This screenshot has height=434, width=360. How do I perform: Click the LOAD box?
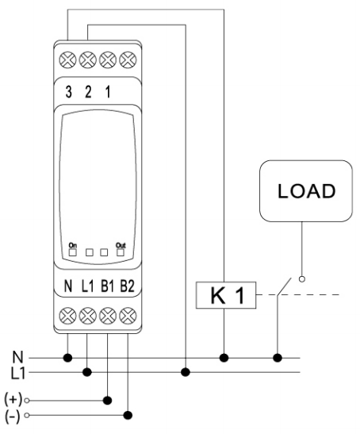306,191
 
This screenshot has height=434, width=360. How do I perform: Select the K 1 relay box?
226,295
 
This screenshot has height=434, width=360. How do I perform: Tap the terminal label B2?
127,286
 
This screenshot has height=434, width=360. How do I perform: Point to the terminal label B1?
107,286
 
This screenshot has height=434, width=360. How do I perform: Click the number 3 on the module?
68,92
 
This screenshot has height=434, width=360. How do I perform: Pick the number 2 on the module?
88,92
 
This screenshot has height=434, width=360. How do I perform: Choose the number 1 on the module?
108,92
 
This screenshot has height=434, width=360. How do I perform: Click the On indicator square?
73,252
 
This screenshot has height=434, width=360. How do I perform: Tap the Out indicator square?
121,252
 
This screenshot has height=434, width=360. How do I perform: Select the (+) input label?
13,399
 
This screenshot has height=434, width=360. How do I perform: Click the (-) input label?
13,416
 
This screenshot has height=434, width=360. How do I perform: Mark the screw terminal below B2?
128,316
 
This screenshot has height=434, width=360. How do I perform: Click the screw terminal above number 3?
67,60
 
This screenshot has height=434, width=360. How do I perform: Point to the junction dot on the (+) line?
107,400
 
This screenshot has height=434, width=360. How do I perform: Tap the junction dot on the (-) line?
128,415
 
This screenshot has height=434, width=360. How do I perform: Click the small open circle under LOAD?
302,279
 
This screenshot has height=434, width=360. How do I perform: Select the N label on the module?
68,286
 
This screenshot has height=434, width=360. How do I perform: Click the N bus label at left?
17,357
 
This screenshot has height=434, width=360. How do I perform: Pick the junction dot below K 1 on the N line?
224,358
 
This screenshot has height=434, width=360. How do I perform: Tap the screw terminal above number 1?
108,60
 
